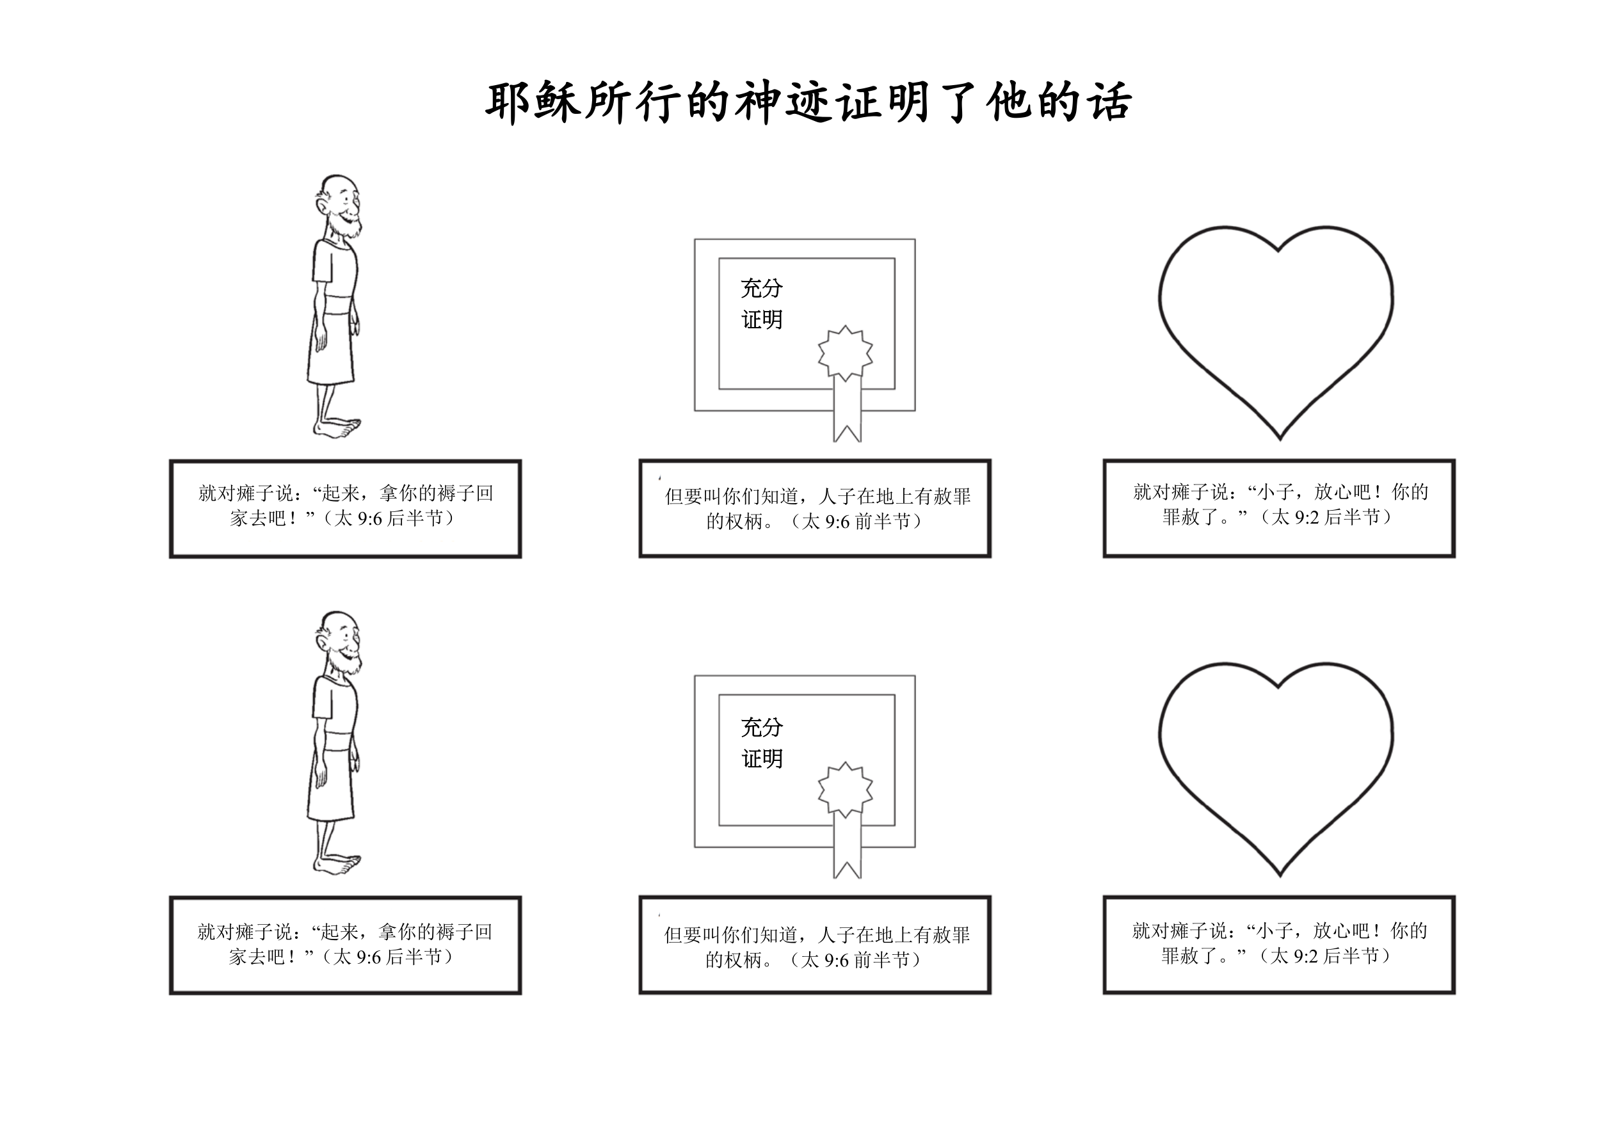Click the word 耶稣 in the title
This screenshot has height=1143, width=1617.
(533, 103)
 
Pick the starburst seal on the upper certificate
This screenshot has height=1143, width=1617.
(845, 352)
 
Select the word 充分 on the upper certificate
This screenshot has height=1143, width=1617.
(761, 288)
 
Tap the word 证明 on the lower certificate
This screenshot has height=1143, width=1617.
(762, 758)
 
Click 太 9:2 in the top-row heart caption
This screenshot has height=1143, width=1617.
(1294, 518)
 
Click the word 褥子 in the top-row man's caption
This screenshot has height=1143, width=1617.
(456, 493)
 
